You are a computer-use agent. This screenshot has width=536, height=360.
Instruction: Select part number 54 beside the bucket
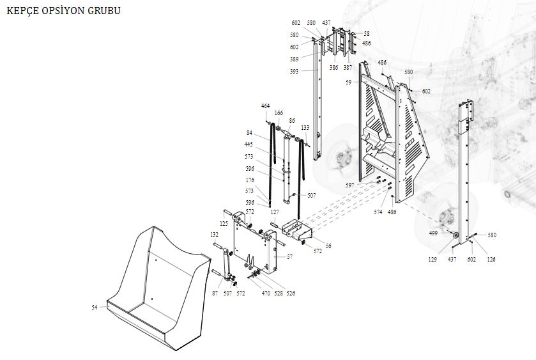pos(95,308)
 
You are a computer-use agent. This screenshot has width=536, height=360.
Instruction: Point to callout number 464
pos(265,106)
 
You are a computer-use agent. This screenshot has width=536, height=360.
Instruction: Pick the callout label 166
pos(279,113)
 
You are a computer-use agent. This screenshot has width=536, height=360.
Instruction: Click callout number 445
pos(249,145)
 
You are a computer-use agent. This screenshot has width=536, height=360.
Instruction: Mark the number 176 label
pos(250,180)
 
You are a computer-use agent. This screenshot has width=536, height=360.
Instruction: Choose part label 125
pos(224,224)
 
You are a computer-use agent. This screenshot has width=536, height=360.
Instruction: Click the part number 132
pos(214,235)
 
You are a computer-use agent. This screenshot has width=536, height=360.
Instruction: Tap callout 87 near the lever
pos(215,293)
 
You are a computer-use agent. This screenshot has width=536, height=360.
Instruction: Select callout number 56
pos(328,246)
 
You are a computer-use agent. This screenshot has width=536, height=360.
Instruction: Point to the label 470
pos(266,293)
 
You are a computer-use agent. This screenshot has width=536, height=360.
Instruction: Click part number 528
pos(279,293)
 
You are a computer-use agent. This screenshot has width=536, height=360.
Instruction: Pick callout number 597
pos(350,185)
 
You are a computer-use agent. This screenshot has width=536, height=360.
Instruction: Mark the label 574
pos(378,212)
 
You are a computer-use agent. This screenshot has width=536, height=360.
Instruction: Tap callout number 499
pos(433,233)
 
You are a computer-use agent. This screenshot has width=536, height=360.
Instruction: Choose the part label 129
pos(433,259)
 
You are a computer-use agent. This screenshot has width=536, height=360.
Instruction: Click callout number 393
pos(294,71)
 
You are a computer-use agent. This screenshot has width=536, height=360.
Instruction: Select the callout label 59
pos(349,82)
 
